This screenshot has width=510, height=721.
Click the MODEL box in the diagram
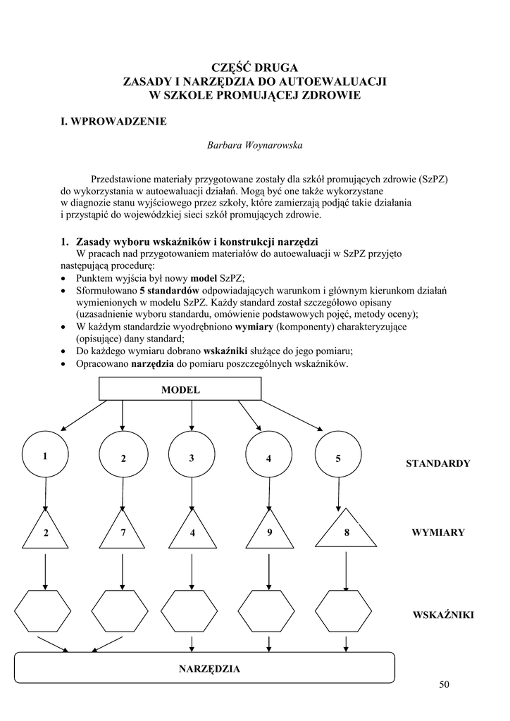point(180,389)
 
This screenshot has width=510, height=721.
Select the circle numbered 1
point(45,456)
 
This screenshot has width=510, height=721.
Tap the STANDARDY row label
point(437,463)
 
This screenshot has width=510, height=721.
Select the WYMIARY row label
point(437,532)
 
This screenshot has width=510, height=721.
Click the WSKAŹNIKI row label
point(443,615)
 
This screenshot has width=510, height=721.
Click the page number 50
point(443,684)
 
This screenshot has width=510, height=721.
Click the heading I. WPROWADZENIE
point(114,122)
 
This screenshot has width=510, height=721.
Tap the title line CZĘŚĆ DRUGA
point(255,68)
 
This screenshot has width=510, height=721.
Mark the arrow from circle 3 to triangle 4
point(192,495)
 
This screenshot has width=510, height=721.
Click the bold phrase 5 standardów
point(170,289)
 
